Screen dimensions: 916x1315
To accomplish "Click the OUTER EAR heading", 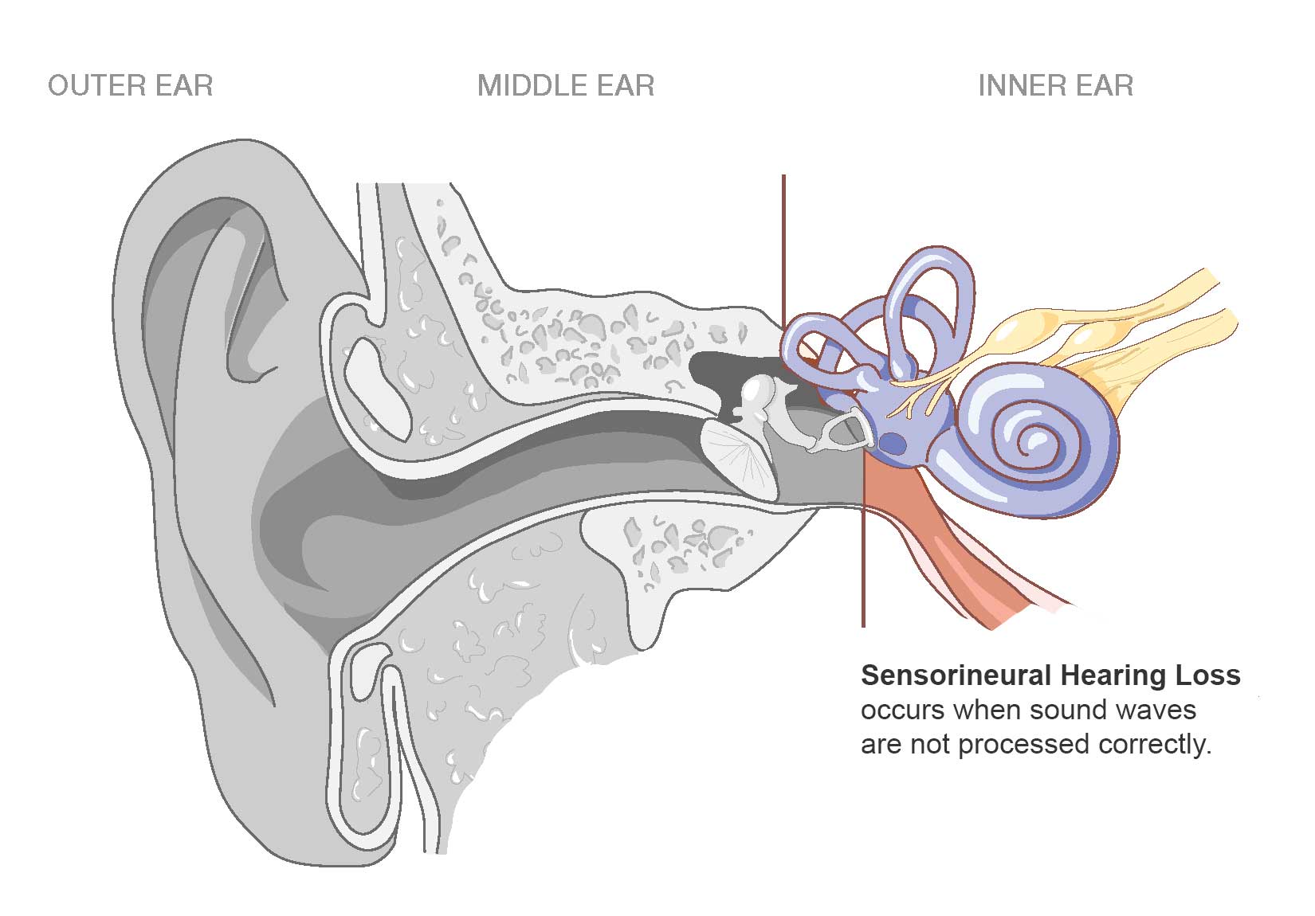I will (x=131, y=86).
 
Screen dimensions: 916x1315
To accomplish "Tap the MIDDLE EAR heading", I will (x=566, y=86).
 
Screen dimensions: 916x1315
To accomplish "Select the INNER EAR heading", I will (x=1055, y=86).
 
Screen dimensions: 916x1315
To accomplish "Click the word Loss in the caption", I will (x=1207, y=675).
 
